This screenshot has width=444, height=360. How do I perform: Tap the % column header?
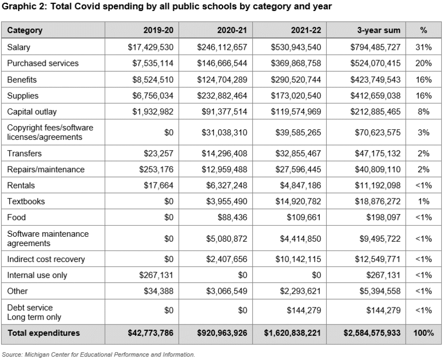point(423,31)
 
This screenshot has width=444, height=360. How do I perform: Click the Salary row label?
point(19,48)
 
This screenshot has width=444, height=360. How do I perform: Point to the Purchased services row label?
point(43,64)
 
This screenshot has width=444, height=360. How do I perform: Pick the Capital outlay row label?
point(32,112)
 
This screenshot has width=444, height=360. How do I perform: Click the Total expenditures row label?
point(43,333)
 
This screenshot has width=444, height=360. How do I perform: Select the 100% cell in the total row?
point(423,333)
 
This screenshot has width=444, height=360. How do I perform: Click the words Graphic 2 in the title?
point(25,7)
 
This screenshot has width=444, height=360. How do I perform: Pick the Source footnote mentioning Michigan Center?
point(98,355)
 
